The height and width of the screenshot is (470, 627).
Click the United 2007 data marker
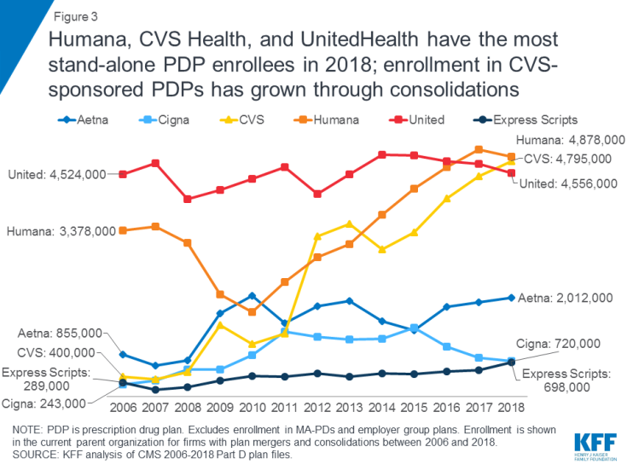[155, 163]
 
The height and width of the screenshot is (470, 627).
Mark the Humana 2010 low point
[253, 312]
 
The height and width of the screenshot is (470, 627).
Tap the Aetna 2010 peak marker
[253, 296]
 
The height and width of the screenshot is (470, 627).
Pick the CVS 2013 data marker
[349, 224]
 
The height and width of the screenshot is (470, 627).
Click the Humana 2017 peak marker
[479, 149]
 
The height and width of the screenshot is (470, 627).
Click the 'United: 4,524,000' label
[56, 175]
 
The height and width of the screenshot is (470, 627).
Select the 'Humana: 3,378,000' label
[56, 231]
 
